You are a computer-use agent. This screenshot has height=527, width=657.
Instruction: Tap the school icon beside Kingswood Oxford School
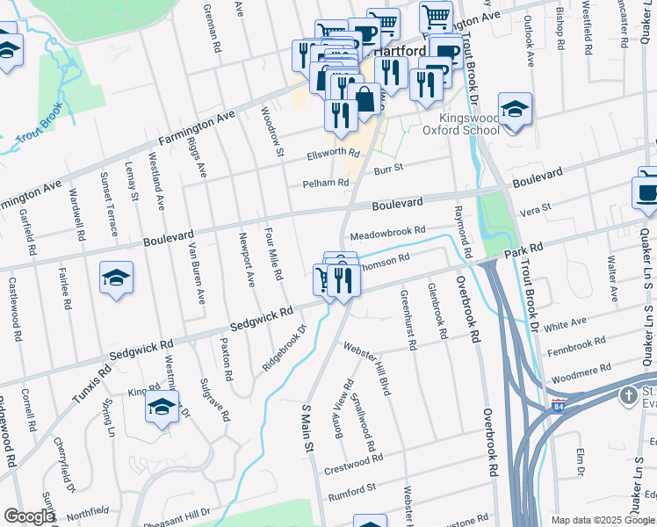tap(515, 111)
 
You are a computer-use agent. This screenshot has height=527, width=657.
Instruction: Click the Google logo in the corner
tap(29, 516)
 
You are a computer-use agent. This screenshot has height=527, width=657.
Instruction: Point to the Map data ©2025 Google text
tap(603, 520)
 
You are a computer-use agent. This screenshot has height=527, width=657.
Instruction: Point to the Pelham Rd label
tap(326, 183)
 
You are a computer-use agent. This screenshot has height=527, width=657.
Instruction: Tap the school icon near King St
tap(162, 407)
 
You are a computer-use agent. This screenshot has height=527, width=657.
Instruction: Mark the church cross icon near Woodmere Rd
tap(629, 395)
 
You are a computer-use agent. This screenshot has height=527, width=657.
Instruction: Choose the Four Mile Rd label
tap(273, 254)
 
